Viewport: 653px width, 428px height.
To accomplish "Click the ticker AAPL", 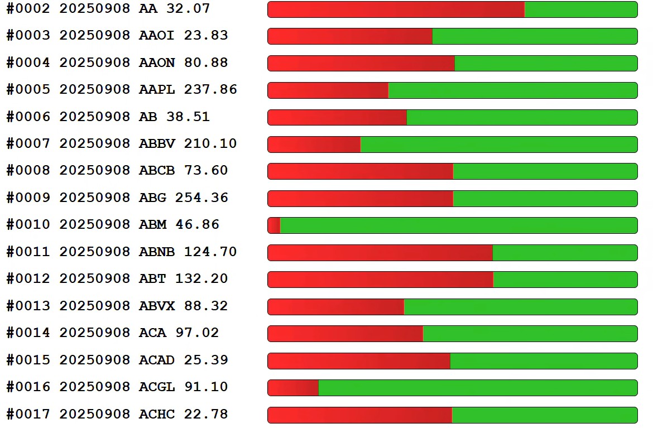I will (x=156, y=90).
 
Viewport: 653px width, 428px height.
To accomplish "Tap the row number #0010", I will (x=28, y=225).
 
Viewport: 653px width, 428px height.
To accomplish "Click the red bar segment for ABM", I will (x=273, y=225).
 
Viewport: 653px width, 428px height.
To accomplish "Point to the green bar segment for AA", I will (x=580, y=9).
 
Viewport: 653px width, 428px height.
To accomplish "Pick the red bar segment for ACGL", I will (x=293, y=388).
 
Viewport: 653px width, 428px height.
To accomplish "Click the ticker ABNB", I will (x=156, y=252).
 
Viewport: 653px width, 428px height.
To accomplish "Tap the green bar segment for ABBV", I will (x=498, y=145).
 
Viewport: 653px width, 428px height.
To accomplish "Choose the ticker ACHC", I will (x=156, y=415).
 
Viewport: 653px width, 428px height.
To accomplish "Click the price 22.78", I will (x=206, y=415).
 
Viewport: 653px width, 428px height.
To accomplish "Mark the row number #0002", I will (x=28, y=9).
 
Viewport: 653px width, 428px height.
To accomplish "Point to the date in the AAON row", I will (x=95, y=63).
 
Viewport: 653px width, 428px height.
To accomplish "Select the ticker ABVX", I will (x=156, y=306).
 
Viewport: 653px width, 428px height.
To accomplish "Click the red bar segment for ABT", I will (x=380, y=280).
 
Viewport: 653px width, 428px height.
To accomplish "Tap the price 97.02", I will (x=197, y=333).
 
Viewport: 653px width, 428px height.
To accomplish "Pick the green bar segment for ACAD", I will (x=543, y=361).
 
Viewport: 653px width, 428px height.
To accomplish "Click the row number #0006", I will (x=28, y=117).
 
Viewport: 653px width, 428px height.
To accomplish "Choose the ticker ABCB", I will (x=156, y=171).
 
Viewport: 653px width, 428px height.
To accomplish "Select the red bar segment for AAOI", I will (x=350, y=36).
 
